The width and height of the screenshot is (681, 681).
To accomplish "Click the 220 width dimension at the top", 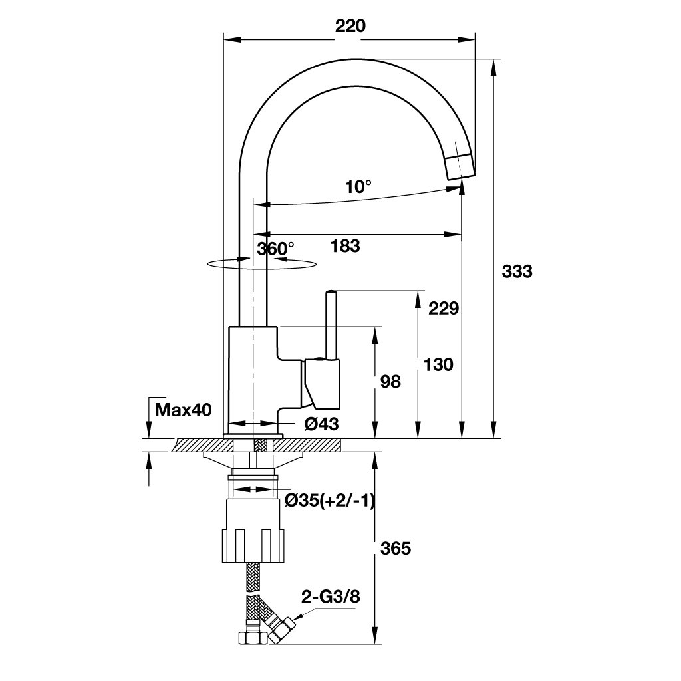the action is click(350, 26).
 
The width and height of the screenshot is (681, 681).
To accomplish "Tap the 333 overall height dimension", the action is click(517, 271).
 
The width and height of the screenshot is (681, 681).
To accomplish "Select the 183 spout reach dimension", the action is click(345, 246).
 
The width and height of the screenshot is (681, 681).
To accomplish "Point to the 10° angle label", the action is click(358, 187).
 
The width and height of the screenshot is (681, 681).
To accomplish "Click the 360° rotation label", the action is click(275, 249).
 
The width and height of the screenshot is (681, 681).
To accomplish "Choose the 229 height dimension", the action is click(444, 309).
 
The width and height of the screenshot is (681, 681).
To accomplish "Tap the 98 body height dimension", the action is click(390, 382).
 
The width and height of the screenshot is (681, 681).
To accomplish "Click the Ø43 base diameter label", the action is click(321, 424).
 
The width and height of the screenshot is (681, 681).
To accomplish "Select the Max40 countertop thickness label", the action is click(184, 410).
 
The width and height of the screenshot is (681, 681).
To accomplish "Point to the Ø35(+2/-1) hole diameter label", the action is click(330, 501).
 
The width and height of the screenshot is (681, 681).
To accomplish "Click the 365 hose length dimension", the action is click(395, 549).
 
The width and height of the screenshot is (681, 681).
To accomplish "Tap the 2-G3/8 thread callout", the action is click(331, 597).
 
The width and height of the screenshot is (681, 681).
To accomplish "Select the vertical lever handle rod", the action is click(332, 325).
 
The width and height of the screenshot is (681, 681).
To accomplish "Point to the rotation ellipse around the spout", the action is click(261, 264).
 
